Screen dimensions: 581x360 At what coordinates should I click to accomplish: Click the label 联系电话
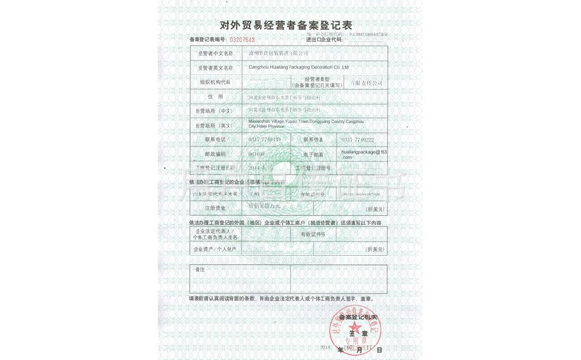(215, 140)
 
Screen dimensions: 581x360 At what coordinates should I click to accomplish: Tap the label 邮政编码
(215, 154)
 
